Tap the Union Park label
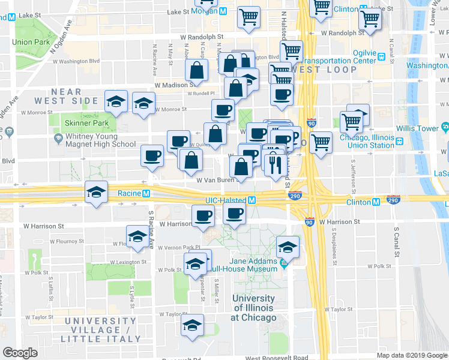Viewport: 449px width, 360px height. [x=30, y=42]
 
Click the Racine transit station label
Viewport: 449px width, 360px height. [x=133, y=193]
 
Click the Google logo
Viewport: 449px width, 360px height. [x=20, y=353]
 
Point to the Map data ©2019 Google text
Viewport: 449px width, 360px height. [x=412, y=355]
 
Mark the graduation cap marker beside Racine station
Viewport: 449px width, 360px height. [x=96, y=192]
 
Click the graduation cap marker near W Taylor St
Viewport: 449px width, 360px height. [x=192, y=325]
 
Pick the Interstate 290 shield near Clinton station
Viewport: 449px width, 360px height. [x=394, y=198]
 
